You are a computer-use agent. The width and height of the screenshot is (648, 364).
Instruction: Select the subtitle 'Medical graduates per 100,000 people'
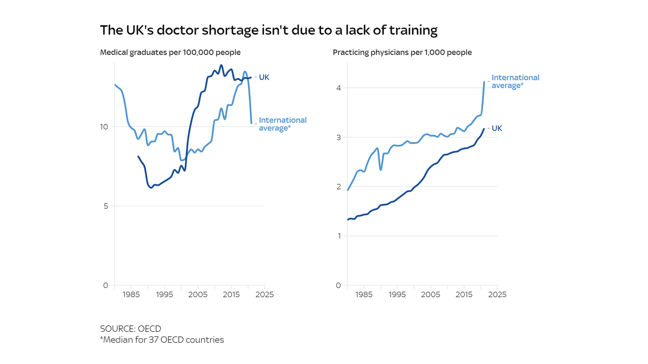coord(170,53)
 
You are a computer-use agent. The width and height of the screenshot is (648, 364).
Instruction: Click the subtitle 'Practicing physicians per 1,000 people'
coord(402,53)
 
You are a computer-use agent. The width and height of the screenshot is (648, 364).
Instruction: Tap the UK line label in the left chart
coord(264,77)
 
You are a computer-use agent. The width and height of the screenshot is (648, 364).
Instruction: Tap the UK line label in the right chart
coord(497,128)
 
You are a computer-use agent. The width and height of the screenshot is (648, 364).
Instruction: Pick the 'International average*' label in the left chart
coord(282,124)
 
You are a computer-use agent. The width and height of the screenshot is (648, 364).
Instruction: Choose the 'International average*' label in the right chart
coord(515,81)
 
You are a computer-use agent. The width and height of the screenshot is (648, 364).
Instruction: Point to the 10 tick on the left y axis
coord(104,127)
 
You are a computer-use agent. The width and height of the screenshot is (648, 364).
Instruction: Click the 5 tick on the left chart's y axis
coord(105,206)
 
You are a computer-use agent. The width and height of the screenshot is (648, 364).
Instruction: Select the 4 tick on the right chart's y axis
coord(339,88)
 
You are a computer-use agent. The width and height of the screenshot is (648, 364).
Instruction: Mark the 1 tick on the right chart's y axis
coord(339,236)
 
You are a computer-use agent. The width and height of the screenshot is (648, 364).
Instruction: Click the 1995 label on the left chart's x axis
coord(164,295)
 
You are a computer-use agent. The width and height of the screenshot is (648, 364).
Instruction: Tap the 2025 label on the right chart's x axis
coord(497,295)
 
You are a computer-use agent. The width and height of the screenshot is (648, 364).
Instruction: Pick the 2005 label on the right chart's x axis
coord(431,295)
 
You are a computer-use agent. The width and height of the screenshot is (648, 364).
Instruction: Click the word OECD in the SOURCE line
coord(149,329)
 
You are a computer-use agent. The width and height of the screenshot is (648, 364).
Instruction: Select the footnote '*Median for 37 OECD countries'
coord(162,340)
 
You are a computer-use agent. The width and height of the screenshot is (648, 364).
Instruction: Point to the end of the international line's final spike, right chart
coord(484,82)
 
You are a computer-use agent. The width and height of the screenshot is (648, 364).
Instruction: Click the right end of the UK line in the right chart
coord(484,129)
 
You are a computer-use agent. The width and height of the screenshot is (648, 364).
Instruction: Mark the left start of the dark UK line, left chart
coord(138,156)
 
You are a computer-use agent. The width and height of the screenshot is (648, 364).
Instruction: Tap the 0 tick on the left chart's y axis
coord(105,286)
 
